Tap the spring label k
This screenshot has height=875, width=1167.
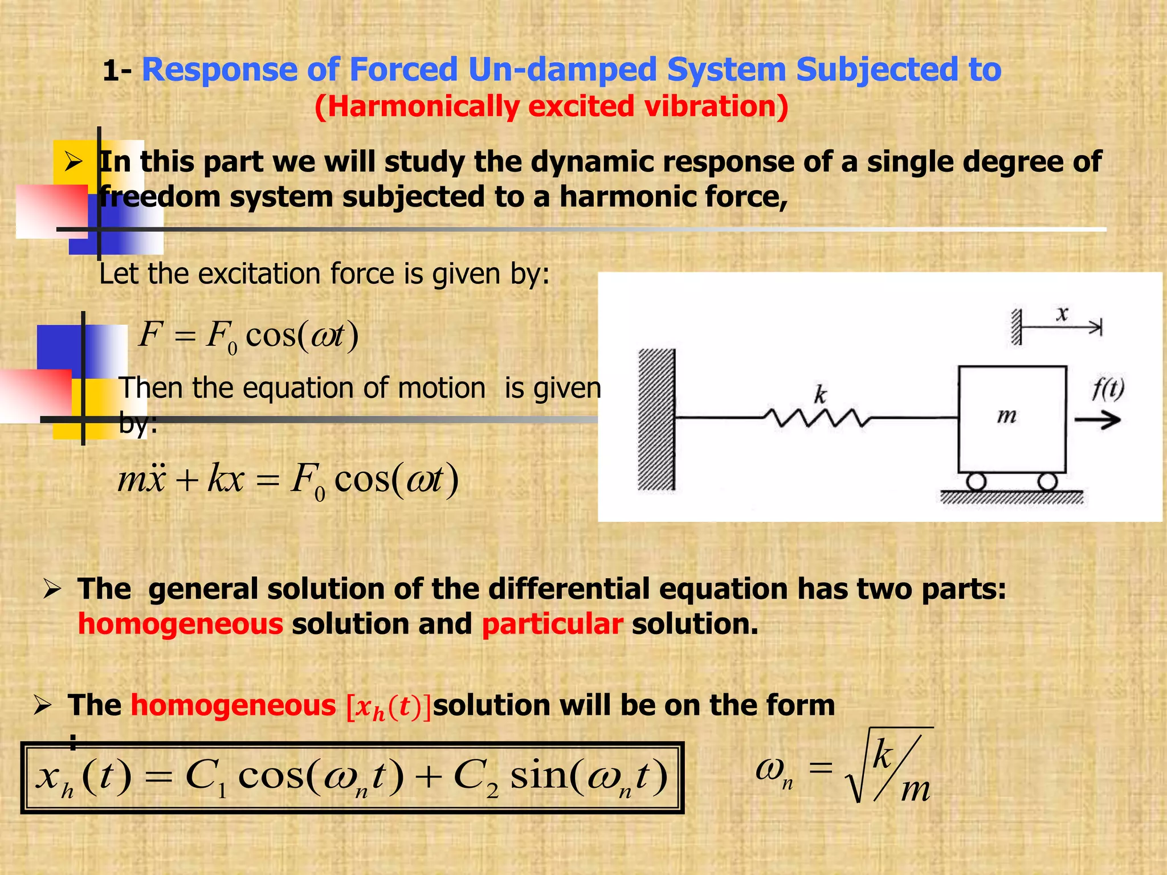click(820, 394)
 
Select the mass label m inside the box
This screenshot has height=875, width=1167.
click(1007, 416)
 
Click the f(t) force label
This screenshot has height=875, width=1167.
click(1108, 390)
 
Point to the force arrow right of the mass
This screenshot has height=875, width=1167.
click(1097, 421)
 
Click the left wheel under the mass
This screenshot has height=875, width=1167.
click(976, 482)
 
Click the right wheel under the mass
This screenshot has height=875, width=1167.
click(1047, 482)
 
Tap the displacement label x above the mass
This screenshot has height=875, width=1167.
click(1062, 314)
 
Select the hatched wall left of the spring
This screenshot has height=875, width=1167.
click(656, 420)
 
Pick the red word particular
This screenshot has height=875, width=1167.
click(552, 624)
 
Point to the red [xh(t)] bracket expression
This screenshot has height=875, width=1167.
click(389, 707)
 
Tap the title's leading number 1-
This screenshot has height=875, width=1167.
click(117, 72)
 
